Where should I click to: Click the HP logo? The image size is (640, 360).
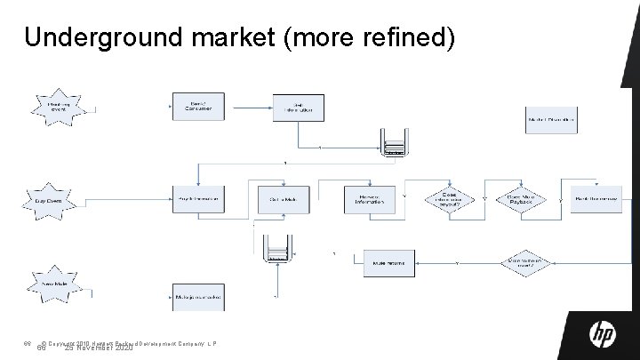pos(604,334)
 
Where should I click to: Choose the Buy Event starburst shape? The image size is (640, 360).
pos(49,201)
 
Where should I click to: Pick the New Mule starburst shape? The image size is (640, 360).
pos(55,284)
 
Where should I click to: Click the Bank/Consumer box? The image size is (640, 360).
pos(197,108)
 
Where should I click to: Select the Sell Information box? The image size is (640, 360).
pos(296,108)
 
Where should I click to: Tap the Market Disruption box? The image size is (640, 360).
pos(551,119)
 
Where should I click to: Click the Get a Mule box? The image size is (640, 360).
pos(282,199)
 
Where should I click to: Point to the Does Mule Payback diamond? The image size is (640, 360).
pos(525,199)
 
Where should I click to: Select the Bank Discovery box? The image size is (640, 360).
pos(596,199)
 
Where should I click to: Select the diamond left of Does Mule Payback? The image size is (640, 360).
pos(450,199)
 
